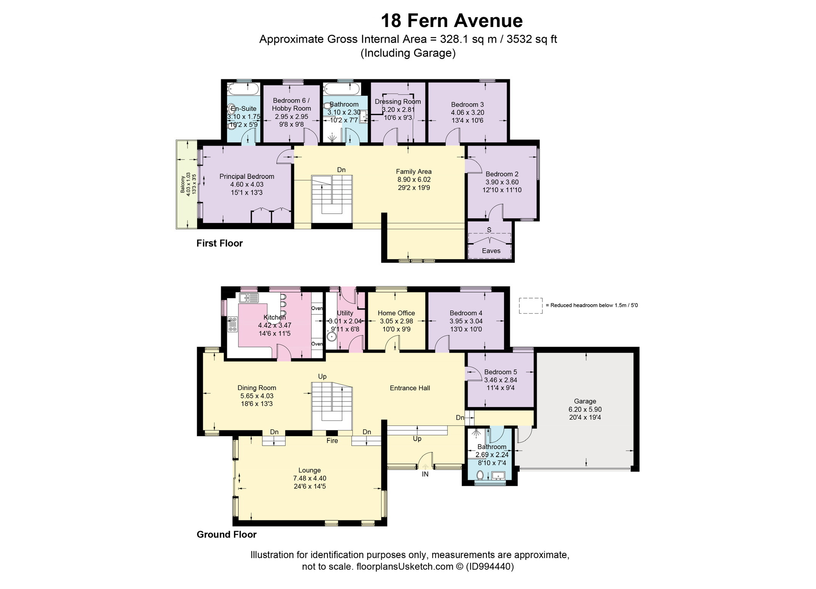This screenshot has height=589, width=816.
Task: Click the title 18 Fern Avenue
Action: click(x=452, y=21)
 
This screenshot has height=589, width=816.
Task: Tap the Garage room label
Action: click(x=585, y=401)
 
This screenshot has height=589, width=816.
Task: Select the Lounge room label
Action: click(x=310, y=470)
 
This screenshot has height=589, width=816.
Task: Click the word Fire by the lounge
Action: click(x=332, y=441)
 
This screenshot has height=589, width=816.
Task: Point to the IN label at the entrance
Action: click(x=425, y=474)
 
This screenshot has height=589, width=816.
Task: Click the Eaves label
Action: click(x=491, y=251)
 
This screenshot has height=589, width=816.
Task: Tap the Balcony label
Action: click(x=183, y=184)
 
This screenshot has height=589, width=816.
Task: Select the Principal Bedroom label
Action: click(x=247, y=177)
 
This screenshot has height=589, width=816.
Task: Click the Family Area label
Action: click(x=414, y=172)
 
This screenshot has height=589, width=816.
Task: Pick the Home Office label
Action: click(x=396, y=313)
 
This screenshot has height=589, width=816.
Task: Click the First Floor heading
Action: click(x=220, y=243)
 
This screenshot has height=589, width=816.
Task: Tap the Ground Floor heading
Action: click(x=226, y=534)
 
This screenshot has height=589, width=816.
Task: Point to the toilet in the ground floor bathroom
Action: click(x=480, y=475)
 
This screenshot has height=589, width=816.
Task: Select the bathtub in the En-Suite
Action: click(x=243, y=90)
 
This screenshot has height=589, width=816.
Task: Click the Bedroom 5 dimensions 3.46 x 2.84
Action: click(x=501, y=380)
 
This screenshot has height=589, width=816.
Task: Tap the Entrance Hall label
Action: click(x=410, y=388)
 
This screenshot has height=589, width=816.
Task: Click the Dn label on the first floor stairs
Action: click(x=341, y=170)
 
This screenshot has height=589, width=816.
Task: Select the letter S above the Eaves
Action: click(x=489, y=230)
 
